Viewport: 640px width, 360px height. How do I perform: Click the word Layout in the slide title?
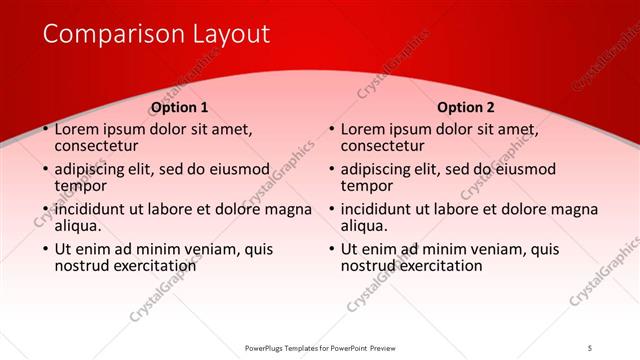pyautogui.click(x=225, y=34)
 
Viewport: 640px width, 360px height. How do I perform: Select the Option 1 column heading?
pyautogui.click(x=179, y=107)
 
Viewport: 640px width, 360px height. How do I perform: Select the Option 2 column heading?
pyautogui.click(x=466, y=107)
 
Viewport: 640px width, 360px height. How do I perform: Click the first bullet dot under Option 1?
pyautogui.click(x=45, y=130)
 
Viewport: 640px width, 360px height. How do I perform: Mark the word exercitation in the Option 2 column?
pyautogui.click(x=441, y=266)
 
